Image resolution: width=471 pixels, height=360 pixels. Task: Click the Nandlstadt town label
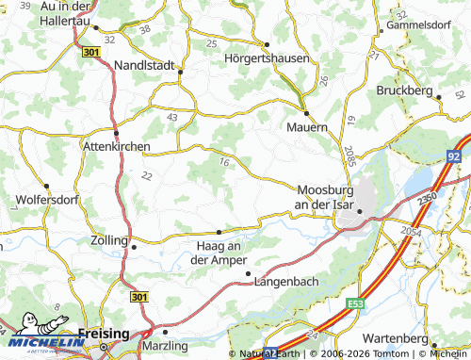(x=144, y=65)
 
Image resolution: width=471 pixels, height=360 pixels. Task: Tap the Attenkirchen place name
(x=116, y=147)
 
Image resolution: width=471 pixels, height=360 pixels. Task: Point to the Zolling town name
(x=109, y=241)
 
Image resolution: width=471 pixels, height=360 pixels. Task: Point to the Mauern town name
(x=307, y=125)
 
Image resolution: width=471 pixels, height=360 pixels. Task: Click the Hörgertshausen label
(x=267, y=57)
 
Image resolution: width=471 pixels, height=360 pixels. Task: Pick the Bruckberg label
(x=403, y=90)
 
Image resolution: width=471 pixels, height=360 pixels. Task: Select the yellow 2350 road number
(x=427, y=199)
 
